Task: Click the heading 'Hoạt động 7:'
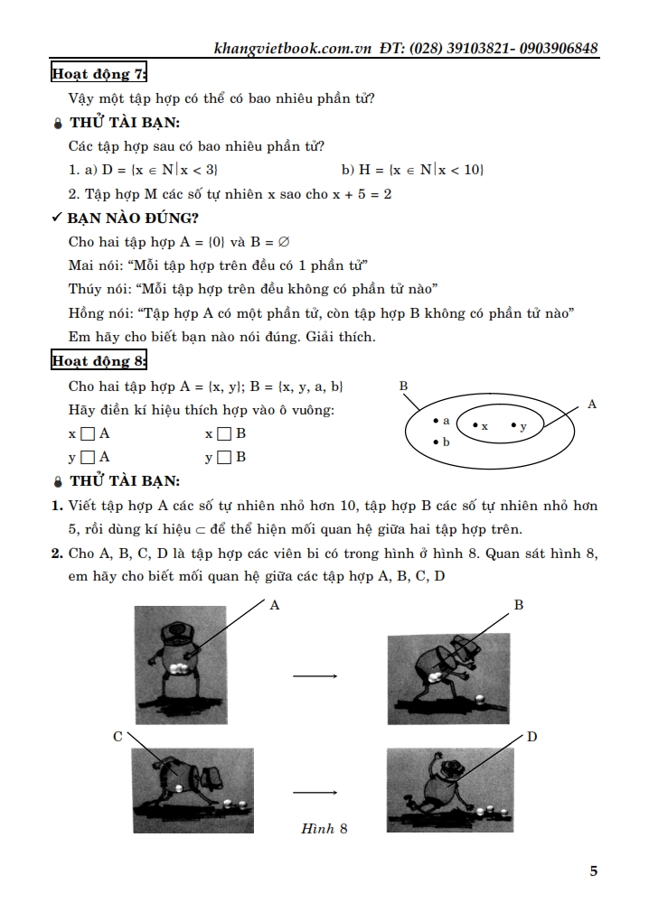99,74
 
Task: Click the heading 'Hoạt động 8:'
99,362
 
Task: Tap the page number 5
593,871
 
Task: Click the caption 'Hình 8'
324,828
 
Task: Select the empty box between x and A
88,434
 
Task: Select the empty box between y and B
224,458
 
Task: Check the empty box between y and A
88,458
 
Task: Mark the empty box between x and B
224,434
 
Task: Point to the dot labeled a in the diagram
436,421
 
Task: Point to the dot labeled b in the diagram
436,442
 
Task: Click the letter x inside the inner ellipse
484,425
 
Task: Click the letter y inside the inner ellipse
523,425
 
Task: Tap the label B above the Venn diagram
403,386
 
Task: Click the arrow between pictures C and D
315,793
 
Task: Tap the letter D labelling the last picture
531,737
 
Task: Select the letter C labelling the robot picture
118,737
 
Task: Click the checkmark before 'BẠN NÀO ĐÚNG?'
57,218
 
